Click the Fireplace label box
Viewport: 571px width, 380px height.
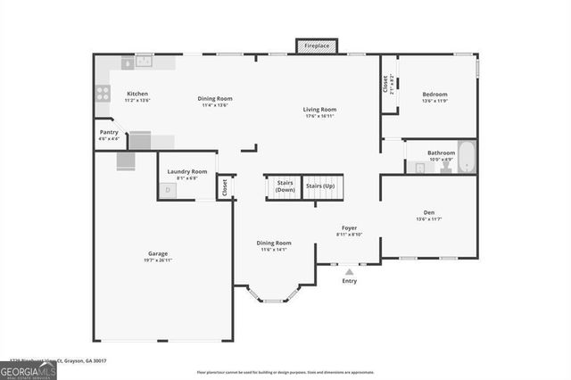[317, 45]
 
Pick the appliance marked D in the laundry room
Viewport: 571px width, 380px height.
[167, 190]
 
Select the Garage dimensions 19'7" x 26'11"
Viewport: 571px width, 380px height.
[158, 260]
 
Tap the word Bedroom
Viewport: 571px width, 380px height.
[434, 94]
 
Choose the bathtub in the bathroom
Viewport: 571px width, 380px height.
[468, 157]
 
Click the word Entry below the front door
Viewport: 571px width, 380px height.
[349, 280]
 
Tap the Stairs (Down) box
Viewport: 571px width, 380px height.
[285, 186]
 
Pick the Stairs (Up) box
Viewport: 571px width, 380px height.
[320, 186]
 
